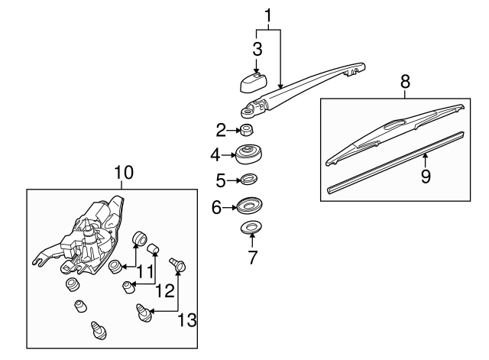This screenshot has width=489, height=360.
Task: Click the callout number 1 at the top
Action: point(267,15)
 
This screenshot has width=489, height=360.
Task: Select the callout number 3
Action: point(257,50)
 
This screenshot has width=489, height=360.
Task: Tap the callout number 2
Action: point(221,128)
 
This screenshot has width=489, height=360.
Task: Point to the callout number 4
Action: point(216,155)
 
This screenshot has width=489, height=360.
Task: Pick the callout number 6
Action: point(216,207)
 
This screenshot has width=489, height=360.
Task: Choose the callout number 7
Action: point(252,256)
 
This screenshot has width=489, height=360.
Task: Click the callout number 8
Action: point(405,80)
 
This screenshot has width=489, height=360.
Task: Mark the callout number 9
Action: point(426,176)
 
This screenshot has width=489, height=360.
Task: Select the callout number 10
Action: point(122,173)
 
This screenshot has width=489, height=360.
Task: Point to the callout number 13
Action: point(186,319)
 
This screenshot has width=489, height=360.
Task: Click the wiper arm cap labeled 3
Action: point(247,79)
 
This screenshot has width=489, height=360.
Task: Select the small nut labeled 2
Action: point(248,129)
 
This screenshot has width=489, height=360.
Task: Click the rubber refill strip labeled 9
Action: point(397,163)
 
